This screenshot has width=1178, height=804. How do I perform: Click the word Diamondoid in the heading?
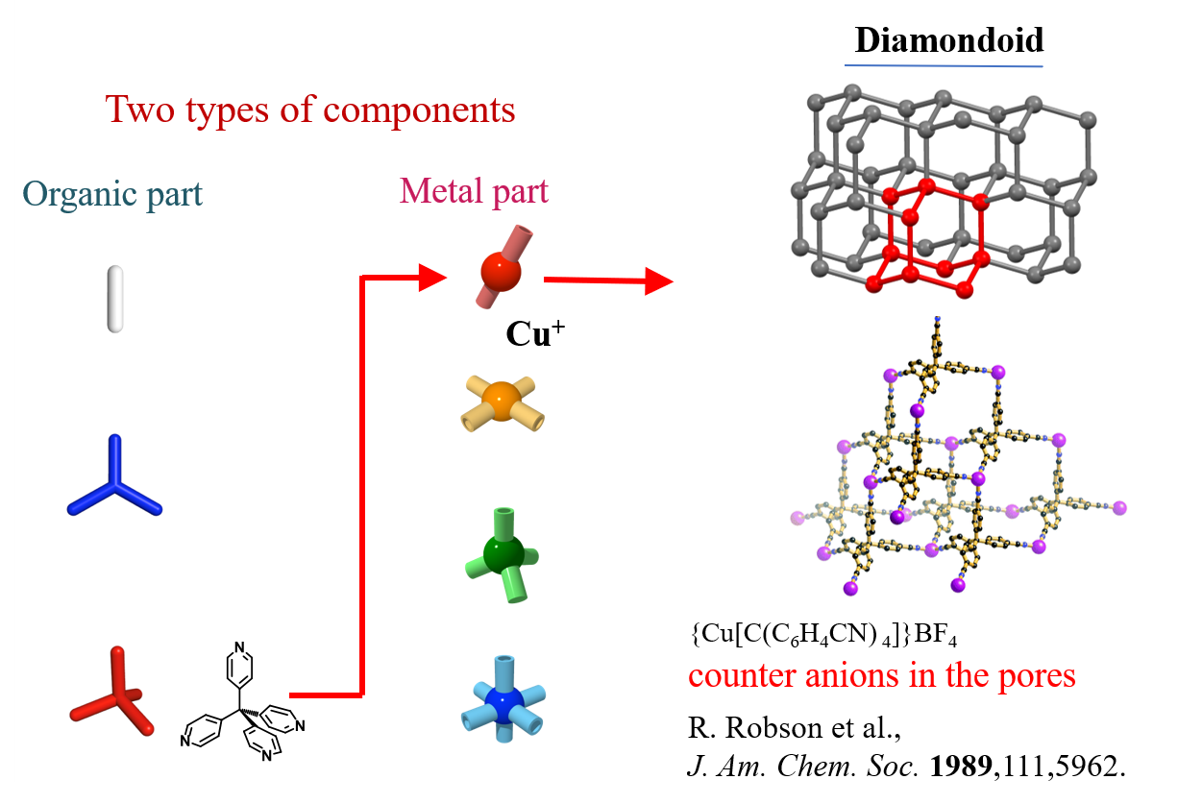coord(948,40)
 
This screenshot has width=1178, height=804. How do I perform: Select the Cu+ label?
coord(534,335)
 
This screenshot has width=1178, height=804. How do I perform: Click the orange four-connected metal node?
coord(499,399)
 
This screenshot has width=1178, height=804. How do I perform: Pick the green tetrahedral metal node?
coord(503,554)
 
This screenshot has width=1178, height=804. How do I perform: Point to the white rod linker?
coord(115,300)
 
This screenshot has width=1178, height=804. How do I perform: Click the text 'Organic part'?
coord(112,194)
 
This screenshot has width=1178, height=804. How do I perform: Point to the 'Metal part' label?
coord(474,190)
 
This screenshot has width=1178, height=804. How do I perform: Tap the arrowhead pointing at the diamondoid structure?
coord(657,281)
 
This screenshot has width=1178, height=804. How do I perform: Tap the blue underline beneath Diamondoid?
coord(944,65)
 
